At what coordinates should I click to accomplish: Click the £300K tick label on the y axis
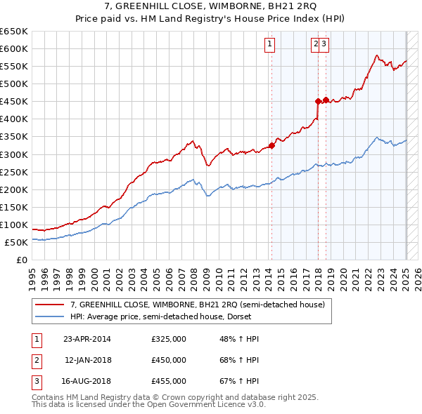pyautogui.click(x=14, y=154)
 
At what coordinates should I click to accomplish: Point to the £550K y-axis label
pyautogui.click(x=14, y=67)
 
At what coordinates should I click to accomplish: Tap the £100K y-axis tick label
pyautogui.click(x=14, y=225)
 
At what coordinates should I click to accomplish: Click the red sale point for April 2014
pyautogui.click(x=271, y=146)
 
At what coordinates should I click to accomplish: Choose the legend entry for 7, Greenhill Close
pyautogui.click(x=197, y=305)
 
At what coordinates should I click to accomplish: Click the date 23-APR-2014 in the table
pyautogui.click(x=87, y=340)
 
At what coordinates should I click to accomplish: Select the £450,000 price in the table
pyautogui.click(x=169, y=361)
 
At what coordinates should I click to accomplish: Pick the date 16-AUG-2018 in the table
pyautogui.click(x=87, y=382)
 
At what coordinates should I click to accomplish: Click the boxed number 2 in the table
pyautogui.click(x=35, y=361)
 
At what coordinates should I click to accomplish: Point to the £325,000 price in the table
pyautogui.click(x=169, y=340)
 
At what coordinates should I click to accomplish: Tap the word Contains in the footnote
pyautogui.click(x=51, y=397)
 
